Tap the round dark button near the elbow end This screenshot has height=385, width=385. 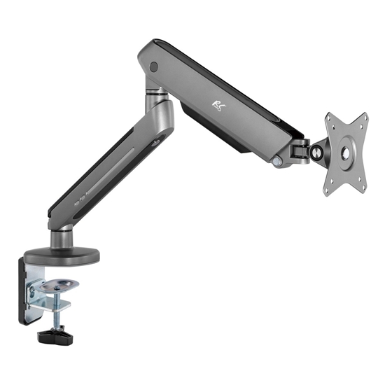[153, 68]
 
